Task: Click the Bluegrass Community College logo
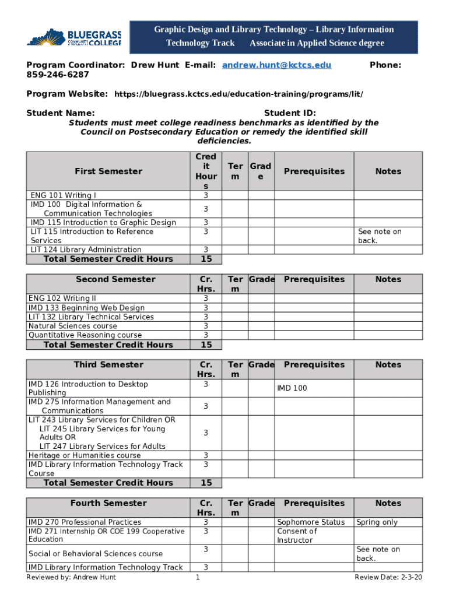74,37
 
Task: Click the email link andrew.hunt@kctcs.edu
276,65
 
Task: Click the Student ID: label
290,113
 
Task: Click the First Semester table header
108,171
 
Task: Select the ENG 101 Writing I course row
64,195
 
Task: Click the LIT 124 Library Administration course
86,250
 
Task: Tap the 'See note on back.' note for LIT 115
380,236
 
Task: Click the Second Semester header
108,279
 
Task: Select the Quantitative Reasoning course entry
85,335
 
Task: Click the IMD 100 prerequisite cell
292,388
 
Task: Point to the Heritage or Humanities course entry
85,455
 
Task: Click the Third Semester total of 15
206,483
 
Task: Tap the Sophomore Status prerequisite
311,522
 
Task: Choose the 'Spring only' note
377,522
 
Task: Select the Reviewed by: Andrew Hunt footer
71,577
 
